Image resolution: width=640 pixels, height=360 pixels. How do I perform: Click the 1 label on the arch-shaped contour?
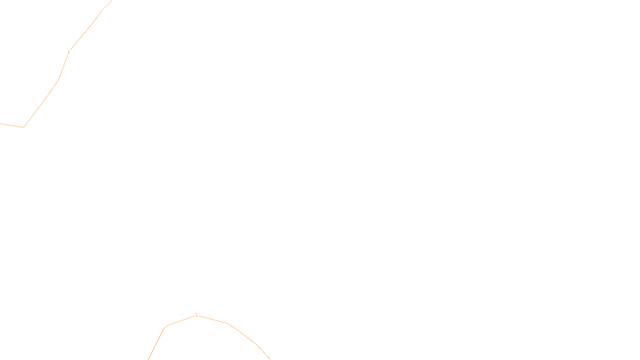(x=196, y=315)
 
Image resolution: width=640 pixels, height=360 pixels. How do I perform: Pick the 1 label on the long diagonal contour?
(x=69, y=52)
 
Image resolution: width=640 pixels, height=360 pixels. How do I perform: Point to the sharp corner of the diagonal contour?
(x=24, y=127)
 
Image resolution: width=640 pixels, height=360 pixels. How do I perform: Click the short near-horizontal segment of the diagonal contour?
(x=12, y=126)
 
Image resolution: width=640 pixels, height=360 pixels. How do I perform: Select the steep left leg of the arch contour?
(x=156, y=344)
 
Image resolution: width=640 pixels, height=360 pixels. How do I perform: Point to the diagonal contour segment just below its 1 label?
(x=63, y=67)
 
